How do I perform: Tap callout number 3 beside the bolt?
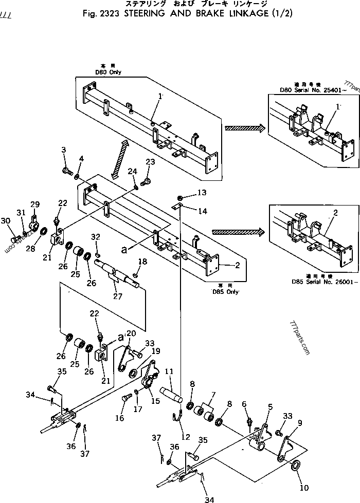pyautogui.click(x=64, y=150)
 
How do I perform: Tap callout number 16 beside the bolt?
pyautogui.click(x=119, y=418)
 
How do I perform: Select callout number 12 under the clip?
pyautogui.click(x=185, y=437)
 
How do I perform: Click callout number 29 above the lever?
pyautogui.click(x=35, y=204)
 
